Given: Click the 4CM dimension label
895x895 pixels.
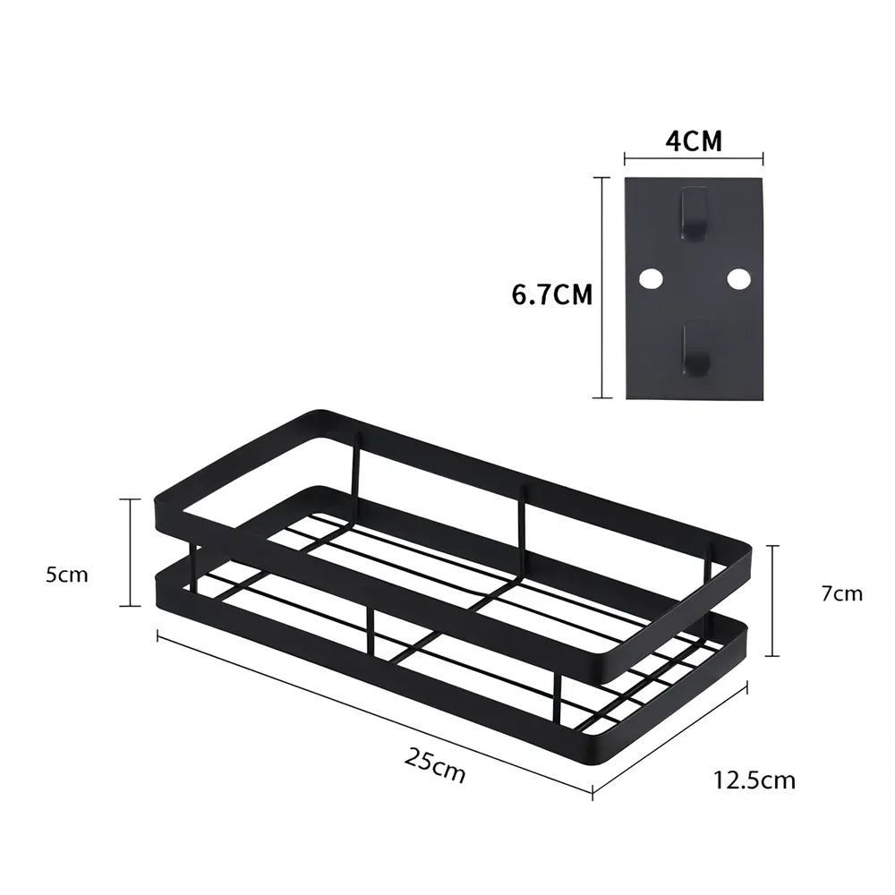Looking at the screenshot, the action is point(694,141).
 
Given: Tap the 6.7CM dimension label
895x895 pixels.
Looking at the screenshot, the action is point(552,294).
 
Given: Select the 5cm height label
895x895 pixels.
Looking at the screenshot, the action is point(67,575).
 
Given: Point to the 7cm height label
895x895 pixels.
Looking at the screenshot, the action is point(842,593).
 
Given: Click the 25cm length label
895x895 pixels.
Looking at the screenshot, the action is point(435,765).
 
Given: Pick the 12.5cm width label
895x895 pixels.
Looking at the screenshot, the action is point(754,780).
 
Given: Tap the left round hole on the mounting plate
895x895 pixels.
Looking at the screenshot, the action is point(651,278).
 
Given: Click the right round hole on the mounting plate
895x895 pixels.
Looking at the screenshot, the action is point(738,278).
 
